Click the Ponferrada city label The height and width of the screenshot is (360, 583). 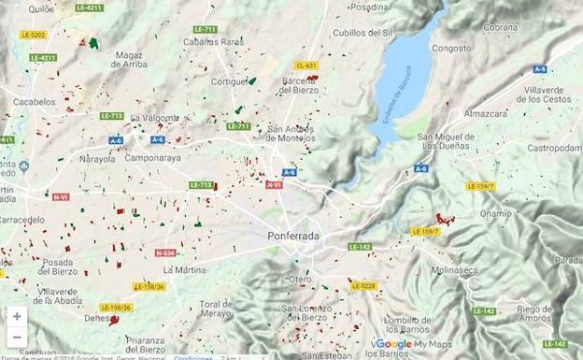click(292, 237)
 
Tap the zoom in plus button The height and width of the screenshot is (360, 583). click(17, 316)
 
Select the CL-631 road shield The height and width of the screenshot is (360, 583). click(306, 65)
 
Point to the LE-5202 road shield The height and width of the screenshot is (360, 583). click(33, 35)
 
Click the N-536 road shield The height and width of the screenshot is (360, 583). click(165, 252)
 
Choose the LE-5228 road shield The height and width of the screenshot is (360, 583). click(363, 286)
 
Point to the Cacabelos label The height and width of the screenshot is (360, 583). click(34, 102)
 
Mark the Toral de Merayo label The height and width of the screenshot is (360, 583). click(215, 310)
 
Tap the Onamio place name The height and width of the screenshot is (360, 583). click(495, 213)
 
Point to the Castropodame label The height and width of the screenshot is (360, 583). click(555, 148)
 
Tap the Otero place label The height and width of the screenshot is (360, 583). click(300, 279)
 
